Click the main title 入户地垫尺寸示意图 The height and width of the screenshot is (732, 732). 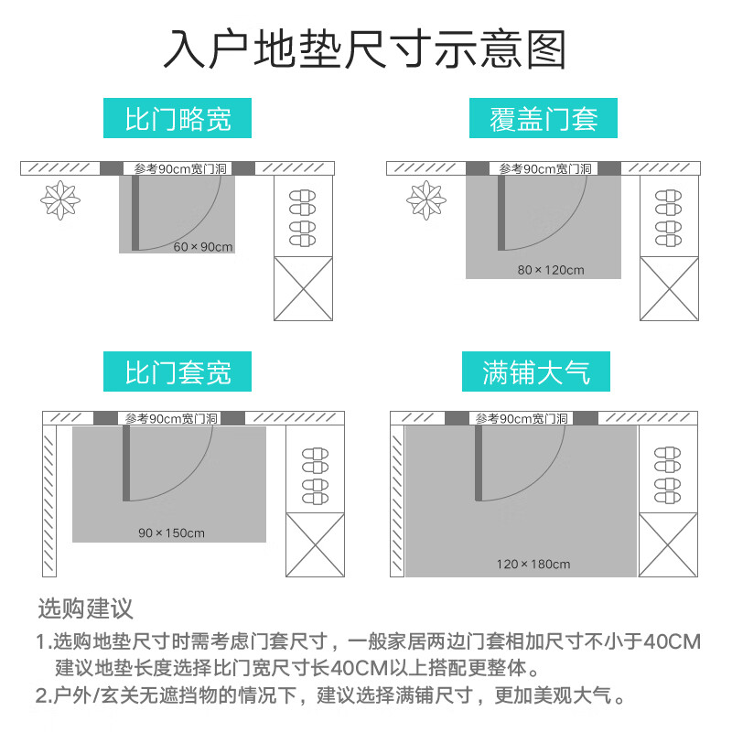point(365,49)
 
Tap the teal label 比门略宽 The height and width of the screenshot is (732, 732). point(178,119)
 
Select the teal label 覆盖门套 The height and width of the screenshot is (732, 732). point(544,119)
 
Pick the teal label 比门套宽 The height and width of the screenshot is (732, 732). point(178,372)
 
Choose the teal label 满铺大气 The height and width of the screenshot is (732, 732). point(536,372)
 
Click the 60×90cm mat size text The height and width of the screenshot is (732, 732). point(203,247)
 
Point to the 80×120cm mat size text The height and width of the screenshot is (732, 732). point(550,270)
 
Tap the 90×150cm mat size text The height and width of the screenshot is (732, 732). point(171,533)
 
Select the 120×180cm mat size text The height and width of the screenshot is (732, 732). point(533,564)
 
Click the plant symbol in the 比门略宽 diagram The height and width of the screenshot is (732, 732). point(60,199)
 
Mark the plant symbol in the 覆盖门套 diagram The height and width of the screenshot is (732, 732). point(425,199)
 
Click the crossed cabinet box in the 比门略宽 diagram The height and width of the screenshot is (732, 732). point(303,288)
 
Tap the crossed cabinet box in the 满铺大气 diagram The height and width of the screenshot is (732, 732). point(668,544)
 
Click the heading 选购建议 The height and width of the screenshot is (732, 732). point(85,608)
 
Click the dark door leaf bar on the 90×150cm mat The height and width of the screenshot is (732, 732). point(126,463)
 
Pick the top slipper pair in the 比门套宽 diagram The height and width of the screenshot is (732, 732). point(315,452)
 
